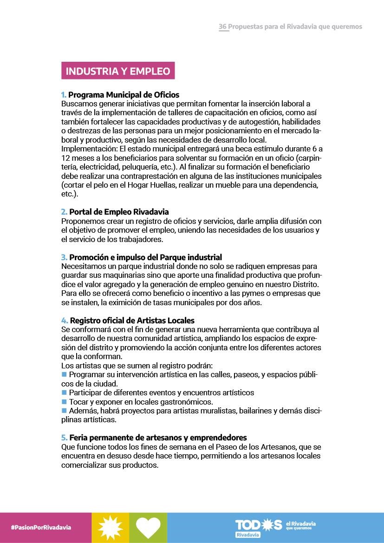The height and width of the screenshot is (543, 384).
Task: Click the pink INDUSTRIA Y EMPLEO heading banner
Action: pos(118,71)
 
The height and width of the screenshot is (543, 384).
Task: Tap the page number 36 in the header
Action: pos(223,26)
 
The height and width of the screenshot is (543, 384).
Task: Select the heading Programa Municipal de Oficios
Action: pos(124,95)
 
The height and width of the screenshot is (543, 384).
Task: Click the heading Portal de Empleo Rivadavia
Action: pos(119,212)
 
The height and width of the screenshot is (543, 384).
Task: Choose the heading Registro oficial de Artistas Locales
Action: pos(132,321)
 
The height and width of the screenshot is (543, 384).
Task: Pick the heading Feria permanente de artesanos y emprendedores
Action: pos(158,438)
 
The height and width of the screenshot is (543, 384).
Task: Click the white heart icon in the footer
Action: pos(148,527)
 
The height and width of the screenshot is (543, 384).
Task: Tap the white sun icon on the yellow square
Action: pos(111,527)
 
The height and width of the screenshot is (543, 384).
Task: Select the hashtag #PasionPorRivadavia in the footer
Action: pos(41,528)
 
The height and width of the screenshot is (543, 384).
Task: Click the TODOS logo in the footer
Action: pos(259,525)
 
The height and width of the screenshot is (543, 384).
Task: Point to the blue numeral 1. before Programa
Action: pos(64,95)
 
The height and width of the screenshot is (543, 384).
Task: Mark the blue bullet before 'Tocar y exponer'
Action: pos(64,401)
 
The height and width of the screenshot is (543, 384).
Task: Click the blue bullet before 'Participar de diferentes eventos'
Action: pos(64,393)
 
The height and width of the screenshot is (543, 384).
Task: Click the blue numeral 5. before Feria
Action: pos(64,438)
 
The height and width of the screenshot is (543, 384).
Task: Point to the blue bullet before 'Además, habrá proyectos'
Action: pos(64,411)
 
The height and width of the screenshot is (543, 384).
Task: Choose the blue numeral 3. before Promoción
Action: pos(64,257)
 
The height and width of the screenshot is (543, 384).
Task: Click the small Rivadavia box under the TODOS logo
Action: pos(248,535)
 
